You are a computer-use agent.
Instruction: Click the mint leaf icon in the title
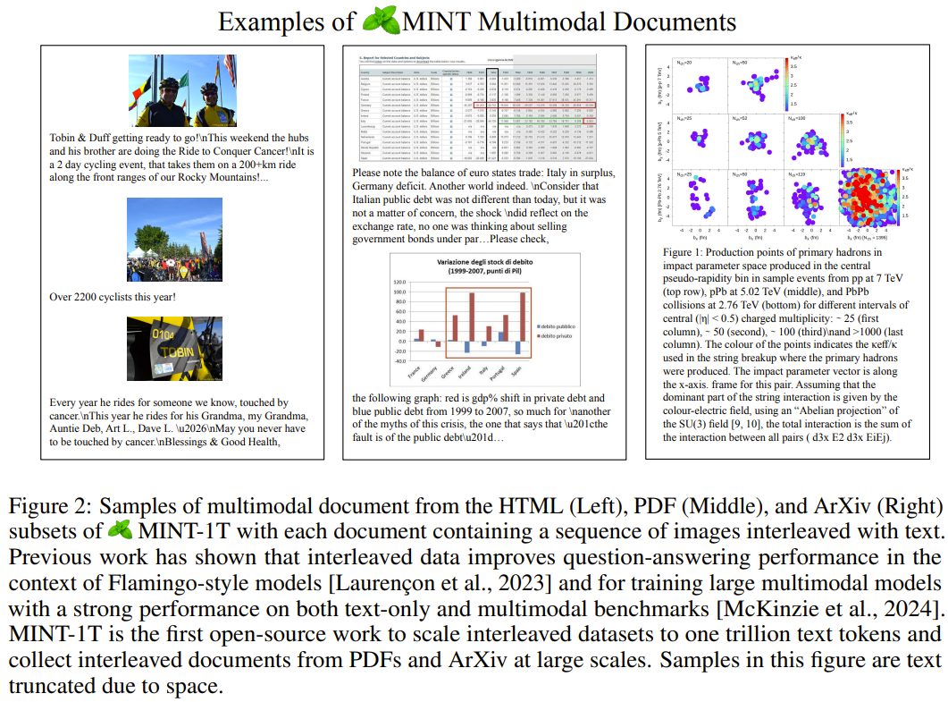tap(380, 21)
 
